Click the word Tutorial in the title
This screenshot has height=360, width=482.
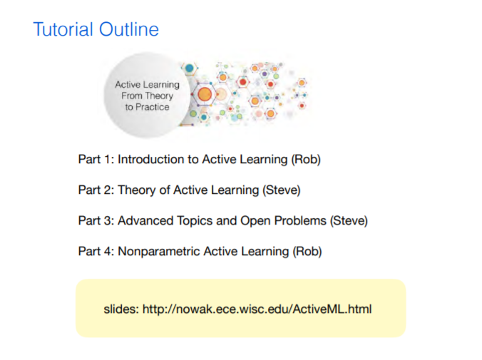point(63,29)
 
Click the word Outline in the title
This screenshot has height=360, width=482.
point(129,29)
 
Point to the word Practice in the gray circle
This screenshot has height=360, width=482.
point(153,107)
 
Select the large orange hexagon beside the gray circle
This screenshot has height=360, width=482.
point(205,94)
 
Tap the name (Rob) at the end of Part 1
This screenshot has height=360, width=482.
point(306,160)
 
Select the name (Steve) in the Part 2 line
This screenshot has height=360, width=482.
point(281,190)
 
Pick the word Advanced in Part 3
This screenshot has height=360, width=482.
point(145,221)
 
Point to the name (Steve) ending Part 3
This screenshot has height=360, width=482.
point(349,221)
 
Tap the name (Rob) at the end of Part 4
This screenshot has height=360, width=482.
point(307,252)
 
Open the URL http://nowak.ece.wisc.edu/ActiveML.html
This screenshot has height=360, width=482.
point(257,309)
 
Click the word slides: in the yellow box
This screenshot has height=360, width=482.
point(121,309)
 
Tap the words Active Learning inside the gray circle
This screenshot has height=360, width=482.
point(148,85)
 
